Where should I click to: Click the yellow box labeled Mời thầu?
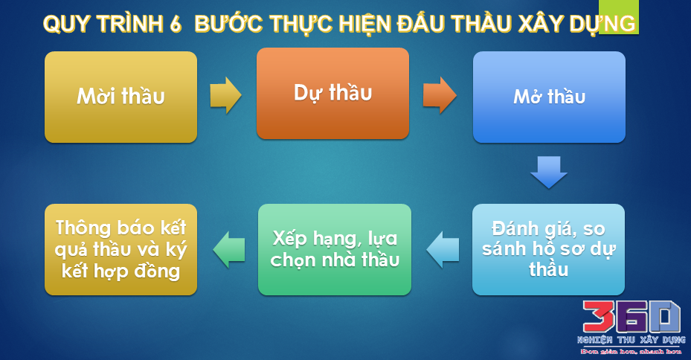click(x=120, y=97)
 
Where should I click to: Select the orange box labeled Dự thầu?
click(x=332, y=94)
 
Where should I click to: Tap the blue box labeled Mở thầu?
click(x=549, y=97)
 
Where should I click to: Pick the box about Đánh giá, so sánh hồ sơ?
click(x=549, y=249)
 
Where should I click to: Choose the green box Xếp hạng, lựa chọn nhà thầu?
click(x=335, y=249)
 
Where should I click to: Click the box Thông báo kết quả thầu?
click(x=120, y=249)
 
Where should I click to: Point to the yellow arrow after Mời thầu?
click(x=225, y=95)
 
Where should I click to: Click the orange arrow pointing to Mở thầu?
click(x=440, y=95)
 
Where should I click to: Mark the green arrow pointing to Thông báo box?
click(x=229, y=249)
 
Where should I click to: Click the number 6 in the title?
click(x=175, y=24)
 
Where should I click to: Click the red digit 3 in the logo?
click(x=598, y=317)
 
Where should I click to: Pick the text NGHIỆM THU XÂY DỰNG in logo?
click(x=631, y=340)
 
